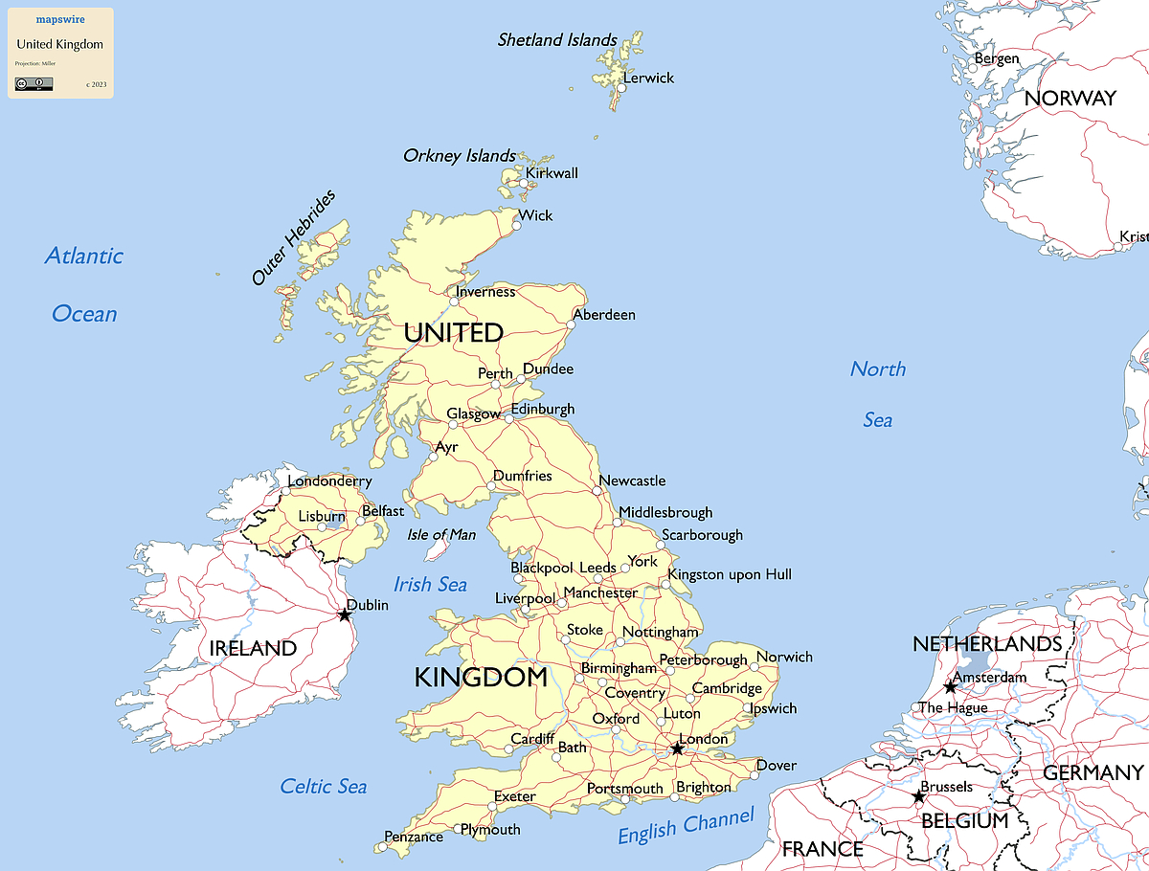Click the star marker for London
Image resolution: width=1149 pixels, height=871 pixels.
pyautogui.click(x=677, y=748)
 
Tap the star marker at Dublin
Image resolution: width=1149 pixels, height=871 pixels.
pyautogui.click(x=345, y=614)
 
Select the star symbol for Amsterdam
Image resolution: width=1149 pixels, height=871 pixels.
pyautogui.click(x=950, y=687)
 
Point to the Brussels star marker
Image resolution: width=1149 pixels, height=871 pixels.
pyautogui.click(x=918, y=796)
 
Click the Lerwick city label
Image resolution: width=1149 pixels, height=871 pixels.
pyautogui.click(x=648, y=78)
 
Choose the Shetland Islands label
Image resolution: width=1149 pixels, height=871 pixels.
pyautogui.click(x=557, y=40)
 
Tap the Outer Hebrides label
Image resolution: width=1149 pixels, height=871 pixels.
pyautogui.click(x=294, y=238)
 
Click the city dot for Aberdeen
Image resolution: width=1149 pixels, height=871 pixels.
pyautogui.click(x=571, y=324)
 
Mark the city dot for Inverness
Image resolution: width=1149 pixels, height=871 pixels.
pyautogui.click(x=454, y=301)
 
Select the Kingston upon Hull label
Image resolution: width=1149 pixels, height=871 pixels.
pyautogui.click(x=730, y=574)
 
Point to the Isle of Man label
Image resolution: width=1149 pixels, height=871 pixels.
pyautogui.click(x=441, y=535)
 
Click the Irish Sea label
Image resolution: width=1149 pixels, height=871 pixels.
pyautogui.click(x=431, y=584)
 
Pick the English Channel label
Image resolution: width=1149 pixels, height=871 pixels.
pyautogui.click(x=686, y=826)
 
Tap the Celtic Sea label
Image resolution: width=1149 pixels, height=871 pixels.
pyautogui.click(x=323, y=787)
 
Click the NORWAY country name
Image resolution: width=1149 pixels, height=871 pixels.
pyautogui.click(x=1070, y=99)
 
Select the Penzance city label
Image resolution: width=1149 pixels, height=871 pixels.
pyautogui.click(x=414, y=837)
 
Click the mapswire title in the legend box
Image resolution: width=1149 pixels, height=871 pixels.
pyautogui.click(x=59, y=19)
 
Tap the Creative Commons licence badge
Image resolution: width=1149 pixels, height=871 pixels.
pyautogui.click(x=34, y=84)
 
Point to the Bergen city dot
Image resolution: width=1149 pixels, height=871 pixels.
pyautogui.click(x=973, y=68)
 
